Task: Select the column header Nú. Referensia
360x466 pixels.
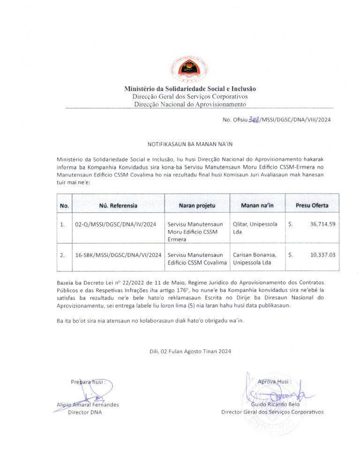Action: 118,205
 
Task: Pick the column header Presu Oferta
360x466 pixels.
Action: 312,205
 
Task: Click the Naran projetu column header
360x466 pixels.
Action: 197,205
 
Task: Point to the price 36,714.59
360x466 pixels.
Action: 322,224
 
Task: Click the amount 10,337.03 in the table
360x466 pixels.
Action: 322,255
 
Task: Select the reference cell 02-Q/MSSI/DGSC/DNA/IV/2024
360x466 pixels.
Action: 115,224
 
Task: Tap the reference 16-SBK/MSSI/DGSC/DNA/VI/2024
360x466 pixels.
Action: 118,255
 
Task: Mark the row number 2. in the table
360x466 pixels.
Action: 63,255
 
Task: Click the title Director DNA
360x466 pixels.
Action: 85,412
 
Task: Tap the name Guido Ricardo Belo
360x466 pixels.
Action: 275,404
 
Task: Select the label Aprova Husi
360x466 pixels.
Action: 274,382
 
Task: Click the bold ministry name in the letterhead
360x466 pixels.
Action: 190,89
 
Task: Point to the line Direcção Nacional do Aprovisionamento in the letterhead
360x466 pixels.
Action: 190,104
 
